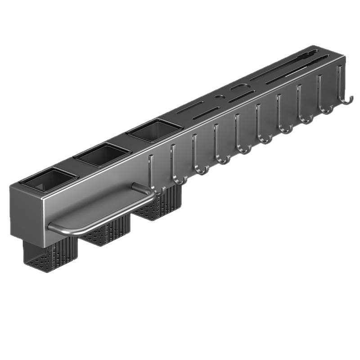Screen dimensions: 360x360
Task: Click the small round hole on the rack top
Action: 219,96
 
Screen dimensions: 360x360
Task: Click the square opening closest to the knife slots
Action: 154,130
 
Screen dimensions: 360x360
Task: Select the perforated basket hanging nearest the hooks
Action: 162,205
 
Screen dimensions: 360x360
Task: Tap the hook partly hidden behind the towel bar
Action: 153,180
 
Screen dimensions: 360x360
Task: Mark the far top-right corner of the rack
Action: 344,56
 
